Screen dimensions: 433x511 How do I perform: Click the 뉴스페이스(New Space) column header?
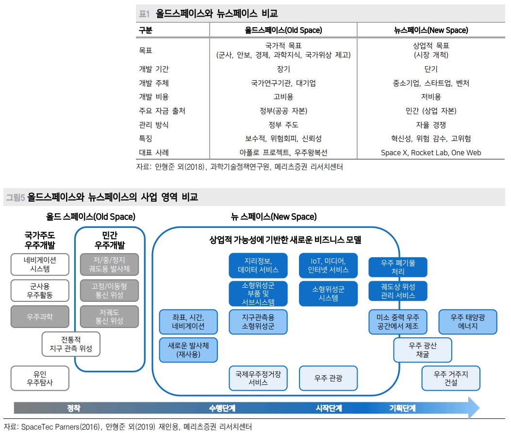click(431, 30)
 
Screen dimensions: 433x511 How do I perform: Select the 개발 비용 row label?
click(154, 97)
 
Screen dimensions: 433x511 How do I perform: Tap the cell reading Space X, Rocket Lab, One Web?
click(431, 153)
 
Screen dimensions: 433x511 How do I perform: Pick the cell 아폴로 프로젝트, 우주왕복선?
click(283, 153)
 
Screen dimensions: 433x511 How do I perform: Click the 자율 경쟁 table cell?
click(431, 125)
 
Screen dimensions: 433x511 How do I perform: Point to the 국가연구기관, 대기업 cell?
click(283, 83)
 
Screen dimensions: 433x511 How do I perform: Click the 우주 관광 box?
click(328, 378)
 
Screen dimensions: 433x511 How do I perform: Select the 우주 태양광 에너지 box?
click(468, 322)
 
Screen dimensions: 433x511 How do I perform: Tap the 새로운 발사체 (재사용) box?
click(188, 350)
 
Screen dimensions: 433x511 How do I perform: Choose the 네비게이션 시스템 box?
click(40, 264)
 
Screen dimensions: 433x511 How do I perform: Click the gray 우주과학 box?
click(40, 317)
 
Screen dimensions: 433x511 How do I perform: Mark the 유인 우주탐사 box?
click(40, 378)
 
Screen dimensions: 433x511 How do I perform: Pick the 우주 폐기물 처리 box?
click(398, 267)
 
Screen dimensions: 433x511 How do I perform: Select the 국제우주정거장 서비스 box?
click(258, 378)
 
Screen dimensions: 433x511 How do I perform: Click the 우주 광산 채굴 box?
click(422, 350)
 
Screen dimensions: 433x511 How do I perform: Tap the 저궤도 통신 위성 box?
click(109, 317)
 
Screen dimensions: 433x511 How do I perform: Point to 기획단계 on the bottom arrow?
click(402, 408)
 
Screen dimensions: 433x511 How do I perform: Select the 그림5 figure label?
click(15, 197)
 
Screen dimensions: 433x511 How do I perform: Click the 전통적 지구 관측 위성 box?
click(71, 344)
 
